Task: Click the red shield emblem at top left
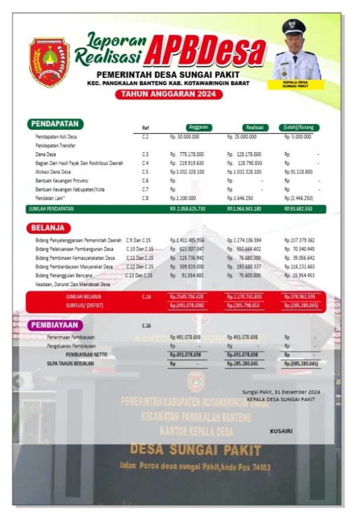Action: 49,62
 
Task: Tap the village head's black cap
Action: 294,27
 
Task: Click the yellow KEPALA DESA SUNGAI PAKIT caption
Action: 295,85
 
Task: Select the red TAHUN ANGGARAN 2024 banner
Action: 169,94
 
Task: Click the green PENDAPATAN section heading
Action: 55,125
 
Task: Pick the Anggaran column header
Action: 199,127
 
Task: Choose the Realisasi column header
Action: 255,127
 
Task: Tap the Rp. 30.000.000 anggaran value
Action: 185,136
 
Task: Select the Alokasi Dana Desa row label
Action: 53,172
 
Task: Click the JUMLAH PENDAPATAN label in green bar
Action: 51,209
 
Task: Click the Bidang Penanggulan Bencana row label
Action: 65,275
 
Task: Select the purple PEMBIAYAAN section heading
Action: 55,325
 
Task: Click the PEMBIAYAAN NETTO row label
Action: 86,355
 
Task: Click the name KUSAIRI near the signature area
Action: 281,431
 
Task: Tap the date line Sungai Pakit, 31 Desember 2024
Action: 281,392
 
